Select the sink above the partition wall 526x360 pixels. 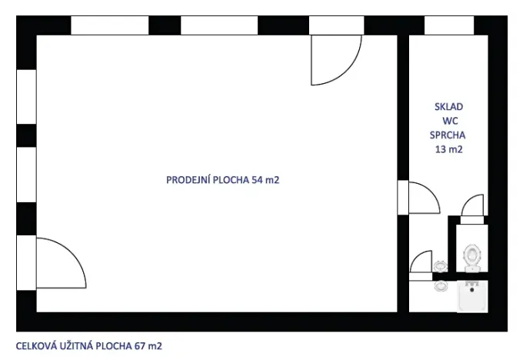[x=440, y=265]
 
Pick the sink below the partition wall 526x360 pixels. [x=440, y=286]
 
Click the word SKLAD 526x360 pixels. [x=448, y=108]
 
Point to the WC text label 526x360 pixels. [x=448, y=121]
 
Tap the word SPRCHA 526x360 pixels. [x=448, y=135]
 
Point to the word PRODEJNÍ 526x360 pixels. [x=187, y=180]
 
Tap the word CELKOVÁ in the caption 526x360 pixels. [x=37, y=345]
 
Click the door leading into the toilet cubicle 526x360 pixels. [x=471, y=208]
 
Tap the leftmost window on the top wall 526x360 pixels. [x=109, y=25]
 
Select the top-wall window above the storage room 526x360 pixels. [x=449, y=25]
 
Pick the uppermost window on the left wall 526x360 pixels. [x=26, y=96]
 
